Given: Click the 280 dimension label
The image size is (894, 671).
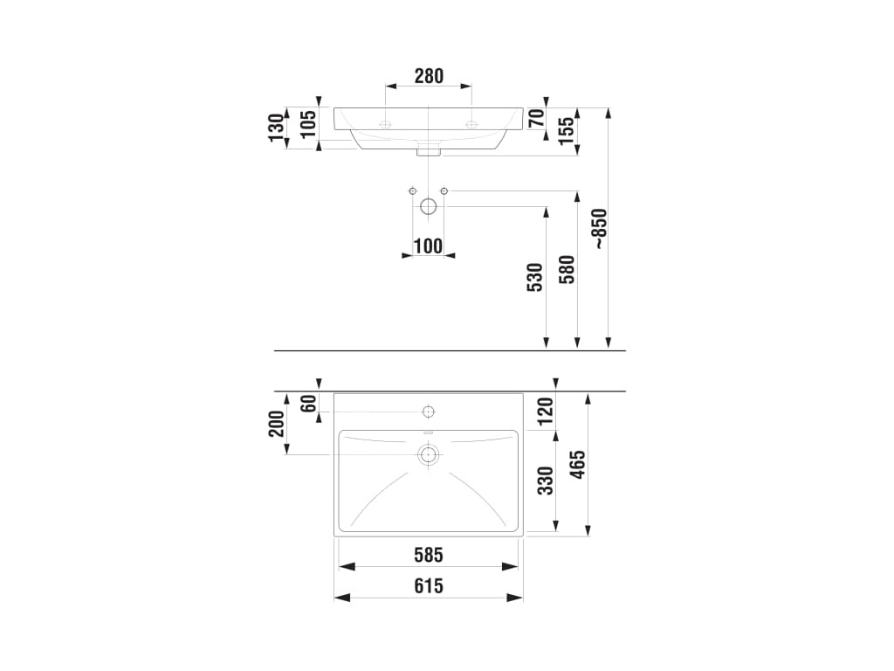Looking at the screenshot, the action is click(x=429, y=76).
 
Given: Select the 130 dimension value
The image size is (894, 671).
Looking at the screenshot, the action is click(x=276, y=128).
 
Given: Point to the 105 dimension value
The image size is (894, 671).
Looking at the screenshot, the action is click(x=308, y=124).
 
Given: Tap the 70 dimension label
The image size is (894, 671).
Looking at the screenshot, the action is click(x=536, y=119).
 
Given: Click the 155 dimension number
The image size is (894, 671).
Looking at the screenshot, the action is click(x=567, y=131).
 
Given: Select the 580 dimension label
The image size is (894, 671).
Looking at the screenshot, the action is click(x=567, y=269).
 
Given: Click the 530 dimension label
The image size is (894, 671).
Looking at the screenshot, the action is click(x=535, y=277).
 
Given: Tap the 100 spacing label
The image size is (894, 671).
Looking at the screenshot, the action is click(x=428, y=246).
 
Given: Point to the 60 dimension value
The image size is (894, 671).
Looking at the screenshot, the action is click(x=308, y=404).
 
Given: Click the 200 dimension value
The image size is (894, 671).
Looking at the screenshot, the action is click(x=277, y=424).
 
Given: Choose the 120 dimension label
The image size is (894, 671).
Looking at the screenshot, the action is click(x=546, y=412).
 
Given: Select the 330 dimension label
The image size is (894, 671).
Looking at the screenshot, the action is click(x=546, y=481).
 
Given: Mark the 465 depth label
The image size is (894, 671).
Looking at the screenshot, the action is click(x=578, y=465).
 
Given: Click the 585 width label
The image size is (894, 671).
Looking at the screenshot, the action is click(x=429, y=555).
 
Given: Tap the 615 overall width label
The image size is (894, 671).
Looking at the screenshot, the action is click(x=429, y=586).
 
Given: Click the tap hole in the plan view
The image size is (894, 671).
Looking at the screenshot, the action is click(x=428, y=412).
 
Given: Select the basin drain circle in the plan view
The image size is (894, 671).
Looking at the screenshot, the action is click(x=429, y=454).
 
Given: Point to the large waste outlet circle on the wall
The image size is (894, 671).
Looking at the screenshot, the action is click(x=428, y=206).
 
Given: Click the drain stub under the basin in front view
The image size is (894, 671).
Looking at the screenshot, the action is click(x=428, y=150).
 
